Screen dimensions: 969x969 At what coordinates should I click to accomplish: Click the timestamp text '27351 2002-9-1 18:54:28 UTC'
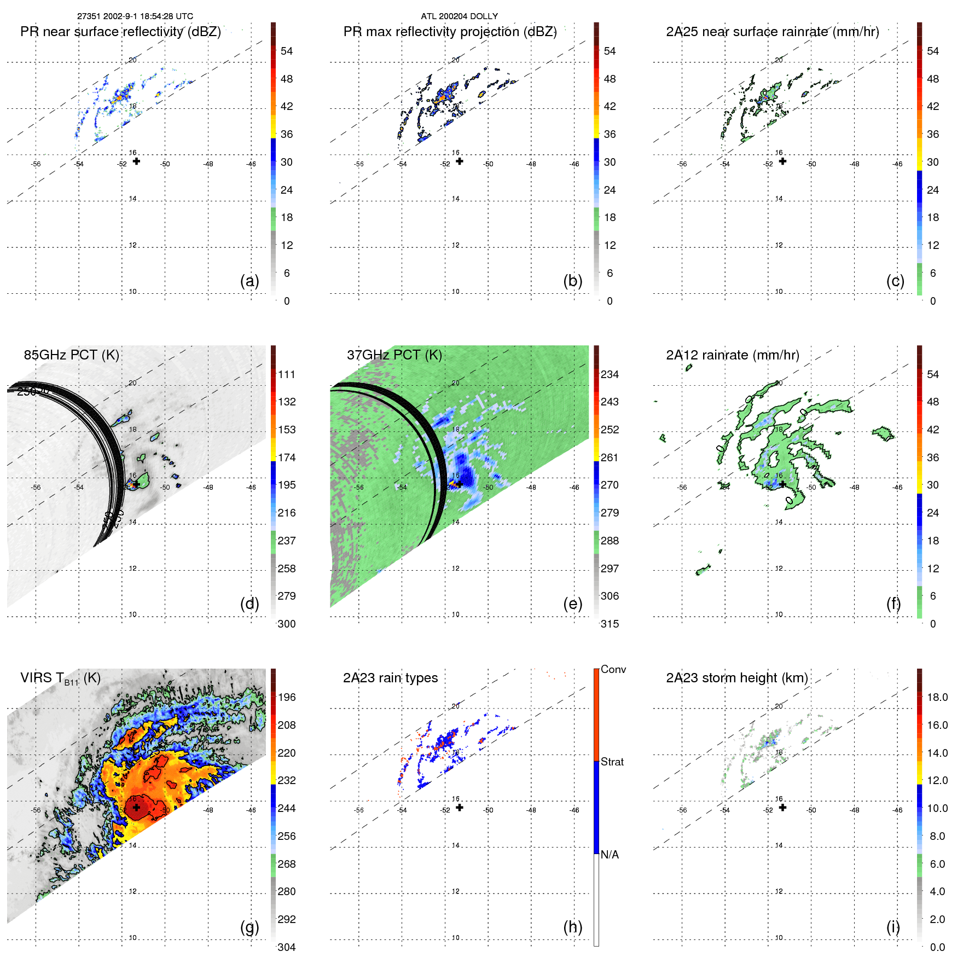135,16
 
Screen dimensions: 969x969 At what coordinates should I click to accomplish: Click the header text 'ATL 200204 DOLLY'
459,16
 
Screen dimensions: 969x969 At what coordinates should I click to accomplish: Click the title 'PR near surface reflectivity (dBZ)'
120,32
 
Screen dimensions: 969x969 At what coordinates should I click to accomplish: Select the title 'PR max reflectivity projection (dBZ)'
450,32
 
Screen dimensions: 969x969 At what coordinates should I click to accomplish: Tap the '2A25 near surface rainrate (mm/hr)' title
772,32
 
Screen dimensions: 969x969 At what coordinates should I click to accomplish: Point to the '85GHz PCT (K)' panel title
71,355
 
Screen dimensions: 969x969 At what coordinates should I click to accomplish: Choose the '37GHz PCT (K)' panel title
394,355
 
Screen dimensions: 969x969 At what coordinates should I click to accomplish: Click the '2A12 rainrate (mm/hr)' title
732,355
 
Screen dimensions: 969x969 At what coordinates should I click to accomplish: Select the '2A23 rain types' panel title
390,678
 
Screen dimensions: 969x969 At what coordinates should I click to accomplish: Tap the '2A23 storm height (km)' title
736,678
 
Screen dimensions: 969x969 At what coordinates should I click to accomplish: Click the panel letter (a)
249,281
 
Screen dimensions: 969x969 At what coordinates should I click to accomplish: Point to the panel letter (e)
572,604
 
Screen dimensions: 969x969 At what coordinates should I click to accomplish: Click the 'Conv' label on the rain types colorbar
613,669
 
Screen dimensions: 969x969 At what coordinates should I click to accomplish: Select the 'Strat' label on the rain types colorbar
612,762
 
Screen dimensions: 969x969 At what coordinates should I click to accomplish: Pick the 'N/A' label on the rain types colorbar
610,855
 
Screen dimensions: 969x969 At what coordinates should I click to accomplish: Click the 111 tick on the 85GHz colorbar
287,374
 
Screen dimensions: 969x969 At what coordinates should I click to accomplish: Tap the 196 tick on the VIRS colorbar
287,697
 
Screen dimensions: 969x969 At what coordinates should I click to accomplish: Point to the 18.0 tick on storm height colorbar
937,697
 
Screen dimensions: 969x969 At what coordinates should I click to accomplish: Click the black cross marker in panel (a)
136,161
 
